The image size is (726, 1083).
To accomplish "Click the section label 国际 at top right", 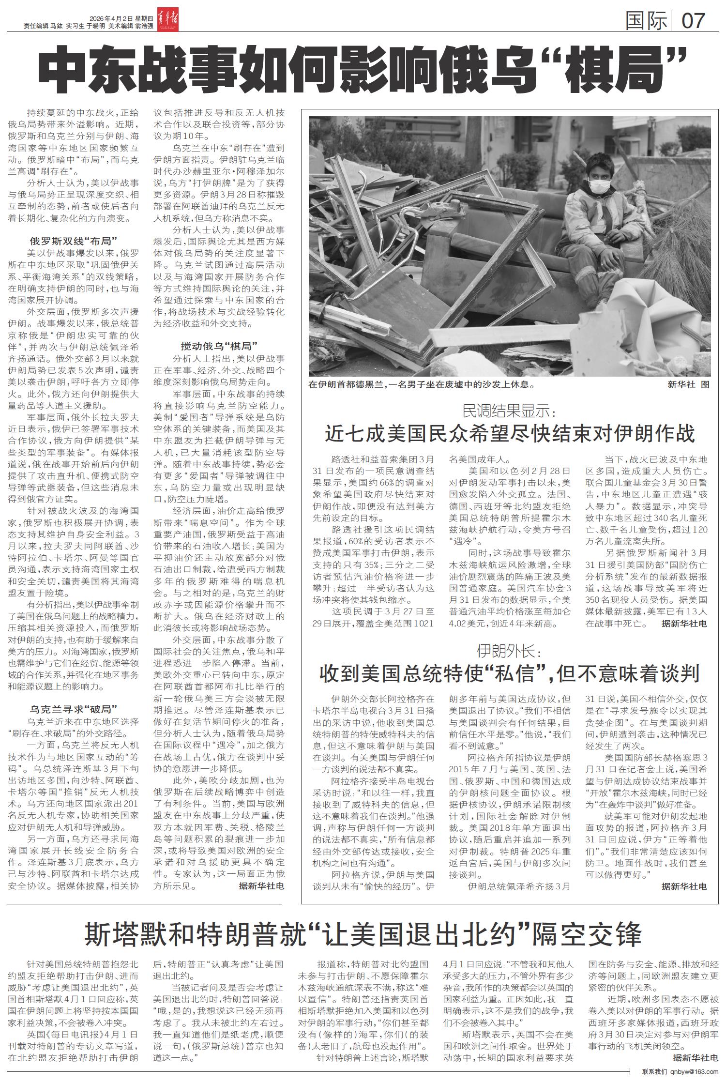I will click(646, 20).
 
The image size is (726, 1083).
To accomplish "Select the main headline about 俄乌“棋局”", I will click(363, 71).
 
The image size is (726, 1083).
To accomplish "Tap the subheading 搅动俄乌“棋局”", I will click(219, 346).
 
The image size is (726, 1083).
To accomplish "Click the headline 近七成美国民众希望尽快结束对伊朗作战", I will click(510, 434).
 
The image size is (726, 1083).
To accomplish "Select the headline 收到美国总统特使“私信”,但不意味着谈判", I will click(510, 673).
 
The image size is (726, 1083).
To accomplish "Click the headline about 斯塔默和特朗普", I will click(363, 934).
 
